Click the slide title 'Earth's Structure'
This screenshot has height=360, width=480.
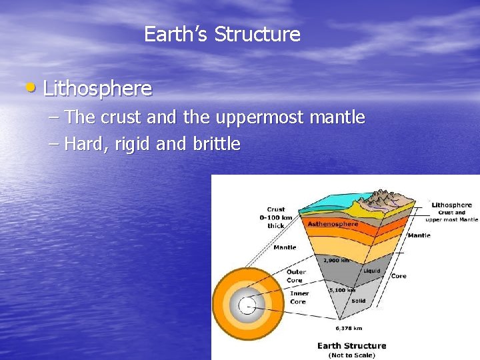coord(222,34)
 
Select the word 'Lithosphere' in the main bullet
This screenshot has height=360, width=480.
coord(97,88)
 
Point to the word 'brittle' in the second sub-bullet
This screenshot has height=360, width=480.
coord(216,144)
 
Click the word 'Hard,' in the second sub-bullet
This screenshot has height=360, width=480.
coord(87,144)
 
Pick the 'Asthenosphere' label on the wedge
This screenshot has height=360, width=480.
coord(333,224)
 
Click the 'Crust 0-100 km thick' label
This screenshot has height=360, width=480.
coord(275,217)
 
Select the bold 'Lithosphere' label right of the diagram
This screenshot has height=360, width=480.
coord(451,205)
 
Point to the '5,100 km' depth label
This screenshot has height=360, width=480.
coord(342,290)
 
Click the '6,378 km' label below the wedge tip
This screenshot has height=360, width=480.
coord(349,327)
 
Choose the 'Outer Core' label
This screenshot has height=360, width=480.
coord(295,276)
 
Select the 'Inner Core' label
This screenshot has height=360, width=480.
coord(298,297)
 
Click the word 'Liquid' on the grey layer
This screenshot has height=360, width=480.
coord(372,271)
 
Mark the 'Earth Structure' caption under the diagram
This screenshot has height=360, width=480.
coord(351,345)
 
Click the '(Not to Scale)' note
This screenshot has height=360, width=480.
coord(351,355)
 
